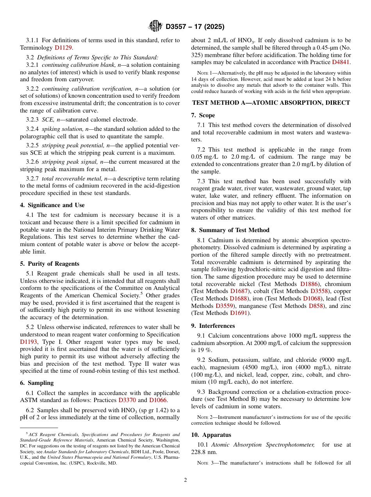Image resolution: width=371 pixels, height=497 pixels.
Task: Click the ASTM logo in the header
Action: (155, 27)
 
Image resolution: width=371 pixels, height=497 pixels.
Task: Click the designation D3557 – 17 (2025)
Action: (195, 27)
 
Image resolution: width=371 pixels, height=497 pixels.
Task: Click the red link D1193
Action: (29, 342)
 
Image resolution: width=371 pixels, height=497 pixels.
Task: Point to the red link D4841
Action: (341, 62)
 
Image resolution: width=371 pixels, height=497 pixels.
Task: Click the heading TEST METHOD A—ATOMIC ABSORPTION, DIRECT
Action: (271, 103)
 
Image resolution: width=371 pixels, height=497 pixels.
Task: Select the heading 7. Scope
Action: (203, 115)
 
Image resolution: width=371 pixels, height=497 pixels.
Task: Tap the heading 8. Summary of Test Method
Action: (230, 230)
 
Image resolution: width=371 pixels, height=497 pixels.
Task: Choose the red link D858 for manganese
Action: (316, 306)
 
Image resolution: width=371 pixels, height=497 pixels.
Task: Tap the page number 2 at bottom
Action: (185, 480)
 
